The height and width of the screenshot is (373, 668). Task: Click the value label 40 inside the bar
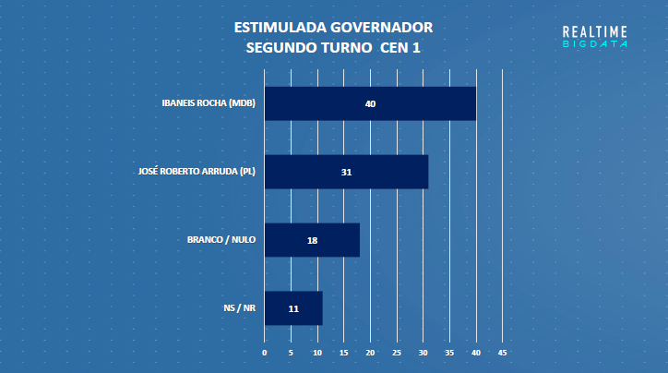pyautogui.click(x=370, y=103)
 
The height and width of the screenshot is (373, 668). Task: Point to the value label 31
pyautogui.click(x=346, y=172)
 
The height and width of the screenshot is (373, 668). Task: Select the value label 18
pyautogui.click(x=312, y=240)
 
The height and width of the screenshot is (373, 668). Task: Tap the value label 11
pyautogui.click(x=293, y=308)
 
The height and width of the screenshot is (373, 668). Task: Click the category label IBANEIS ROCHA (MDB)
pyautogui.click(x=208, y=102)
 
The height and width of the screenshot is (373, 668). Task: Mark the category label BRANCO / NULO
pyautogui.click(x=221, y=240)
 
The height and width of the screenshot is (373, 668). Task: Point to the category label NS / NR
pyautogui.click(x=239, y=308)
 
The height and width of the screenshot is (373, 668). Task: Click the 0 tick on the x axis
pyautogui.click(x=265, y=353)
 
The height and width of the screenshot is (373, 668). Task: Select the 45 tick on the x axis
pyautogui.click(x=503, y=353)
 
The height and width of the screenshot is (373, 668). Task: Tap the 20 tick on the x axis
pyautogui.click(x=370, y=353)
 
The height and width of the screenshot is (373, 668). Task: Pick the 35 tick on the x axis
pyautogui.click(x=449, y=353)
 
